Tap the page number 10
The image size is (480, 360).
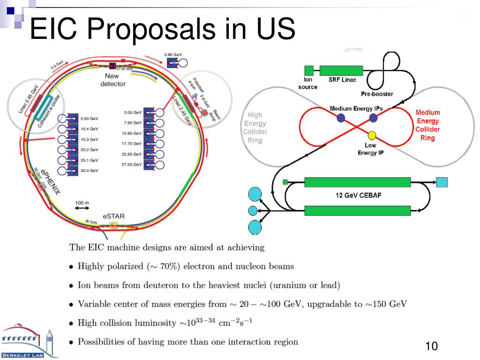click(431, 346)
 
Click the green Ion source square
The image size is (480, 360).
click(308, 70)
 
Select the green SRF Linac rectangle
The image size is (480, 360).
click(341, 70)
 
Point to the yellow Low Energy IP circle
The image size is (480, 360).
click(372, 135)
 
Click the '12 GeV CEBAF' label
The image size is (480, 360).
click(359, 195)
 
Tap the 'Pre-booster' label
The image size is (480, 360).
click(376, 94)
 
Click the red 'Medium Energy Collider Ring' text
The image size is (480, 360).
click(427, 125)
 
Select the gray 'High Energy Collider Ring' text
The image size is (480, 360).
click(255, 127)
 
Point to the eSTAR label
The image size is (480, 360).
click(113, 216)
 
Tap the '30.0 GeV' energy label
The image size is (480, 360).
click(90, 171)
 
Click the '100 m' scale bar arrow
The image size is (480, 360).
click(82, 208)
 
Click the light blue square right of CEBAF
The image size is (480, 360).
click(442, 182)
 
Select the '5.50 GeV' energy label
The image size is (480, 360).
click(90, 118)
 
